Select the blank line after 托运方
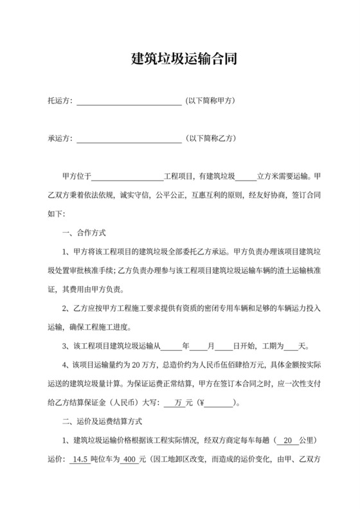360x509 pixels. (x=129, y=102)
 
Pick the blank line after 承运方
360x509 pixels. (x=129, y=139)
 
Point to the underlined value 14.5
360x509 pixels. (x=81, y=460)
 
